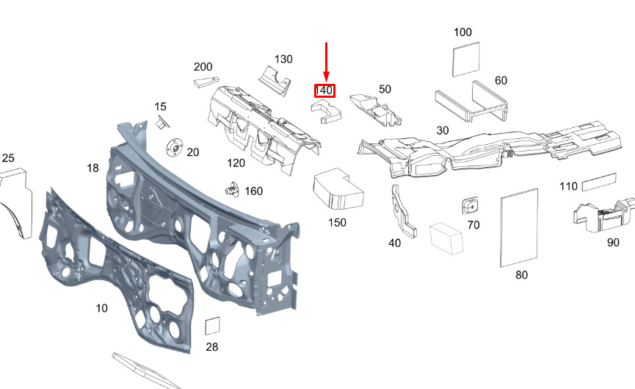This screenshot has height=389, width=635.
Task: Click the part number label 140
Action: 324,90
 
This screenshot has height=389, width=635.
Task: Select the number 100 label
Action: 462,32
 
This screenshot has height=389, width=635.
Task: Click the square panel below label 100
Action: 465,59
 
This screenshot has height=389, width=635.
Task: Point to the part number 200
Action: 203,66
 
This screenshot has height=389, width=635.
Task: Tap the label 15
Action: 160,107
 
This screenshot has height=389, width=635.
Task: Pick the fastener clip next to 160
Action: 233,190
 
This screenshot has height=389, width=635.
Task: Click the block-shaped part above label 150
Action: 338,189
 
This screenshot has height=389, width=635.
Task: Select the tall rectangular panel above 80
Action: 519,227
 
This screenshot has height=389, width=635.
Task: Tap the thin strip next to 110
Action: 599,182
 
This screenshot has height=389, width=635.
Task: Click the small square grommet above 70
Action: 470,205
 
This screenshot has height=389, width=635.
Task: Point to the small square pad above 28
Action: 212,326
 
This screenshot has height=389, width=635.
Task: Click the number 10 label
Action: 101,308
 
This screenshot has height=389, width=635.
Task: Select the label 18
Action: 92,168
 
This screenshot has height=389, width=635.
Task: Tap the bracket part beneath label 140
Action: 327,112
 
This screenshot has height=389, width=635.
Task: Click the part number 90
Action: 613,243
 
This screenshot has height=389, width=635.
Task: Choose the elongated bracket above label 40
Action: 403,211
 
